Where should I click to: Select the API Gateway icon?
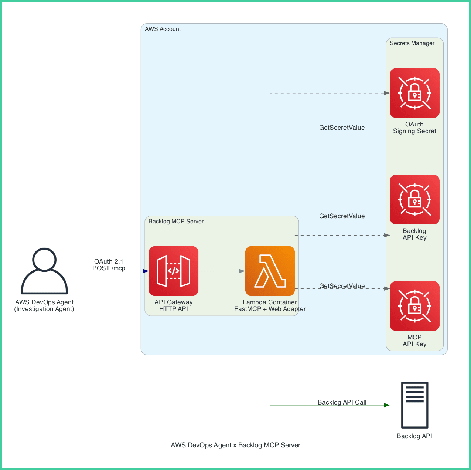(174, 271)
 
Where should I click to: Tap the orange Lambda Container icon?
(270, 271)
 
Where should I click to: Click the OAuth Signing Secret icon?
(414, 93)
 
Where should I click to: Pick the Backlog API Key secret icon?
(414, 200)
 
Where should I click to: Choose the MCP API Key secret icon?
(414, 306)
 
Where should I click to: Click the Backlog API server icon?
(414, 405)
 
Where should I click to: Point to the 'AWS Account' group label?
(163, 29)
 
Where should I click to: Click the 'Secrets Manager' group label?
(412, 43)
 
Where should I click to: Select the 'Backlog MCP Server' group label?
(176, 222)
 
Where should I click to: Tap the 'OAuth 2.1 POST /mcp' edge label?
(109, 265)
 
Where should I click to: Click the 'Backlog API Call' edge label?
(342, 402)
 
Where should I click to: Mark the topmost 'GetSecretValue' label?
(342, 128)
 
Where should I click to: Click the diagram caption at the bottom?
(235, 445)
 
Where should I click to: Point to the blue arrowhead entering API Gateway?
(146, 271)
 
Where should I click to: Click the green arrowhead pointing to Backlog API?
(387, 405)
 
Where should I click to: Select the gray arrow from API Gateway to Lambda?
(222, 271)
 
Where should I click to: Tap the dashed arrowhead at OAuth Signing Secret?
(387, 93)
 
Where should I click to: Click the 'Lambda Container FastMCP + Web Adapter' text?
(270, 305)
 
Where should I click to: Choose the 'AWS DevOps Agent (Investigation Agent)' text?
(44, 305)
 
